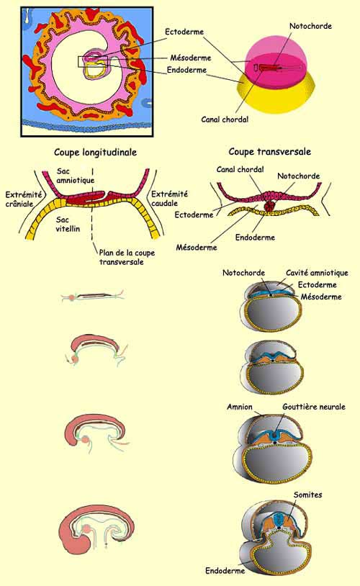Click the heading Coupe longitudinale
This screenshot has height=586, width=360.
click(95, 153)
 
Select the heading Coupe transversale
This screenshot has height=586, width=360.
click(269, 152)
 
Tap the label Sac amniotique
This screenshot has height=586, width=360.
click(75, 176)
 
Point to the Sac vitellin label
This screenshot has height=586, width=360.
click(68, 224)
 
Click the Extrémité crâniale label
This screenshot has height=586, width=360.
click(23, 199)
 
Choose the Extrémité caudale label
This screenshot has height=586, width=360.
click(169, 199)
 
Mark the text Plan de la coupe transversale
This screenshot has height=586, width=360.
click(127, 258)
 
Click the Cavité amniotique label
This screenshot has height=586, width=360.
click(317, 273)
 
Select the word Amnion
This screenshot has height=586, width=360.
click(240, 407)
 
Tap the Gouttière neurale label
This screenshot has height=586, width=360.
click(314, 407)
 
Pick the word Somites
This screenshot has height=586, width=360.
click(307, 495)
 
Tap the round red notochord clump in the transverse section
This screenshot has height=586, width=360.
click(269, 206)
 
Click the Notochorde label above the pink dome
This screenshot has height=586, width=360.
click(310, 26)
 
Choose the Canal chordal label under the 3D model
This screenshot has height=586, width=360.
click(225, 120)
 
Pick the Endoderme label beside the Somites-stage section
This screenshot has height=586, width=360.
click(225, 571)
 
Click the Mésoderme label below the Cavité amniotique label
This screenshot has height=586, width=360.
click(321, 297)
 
